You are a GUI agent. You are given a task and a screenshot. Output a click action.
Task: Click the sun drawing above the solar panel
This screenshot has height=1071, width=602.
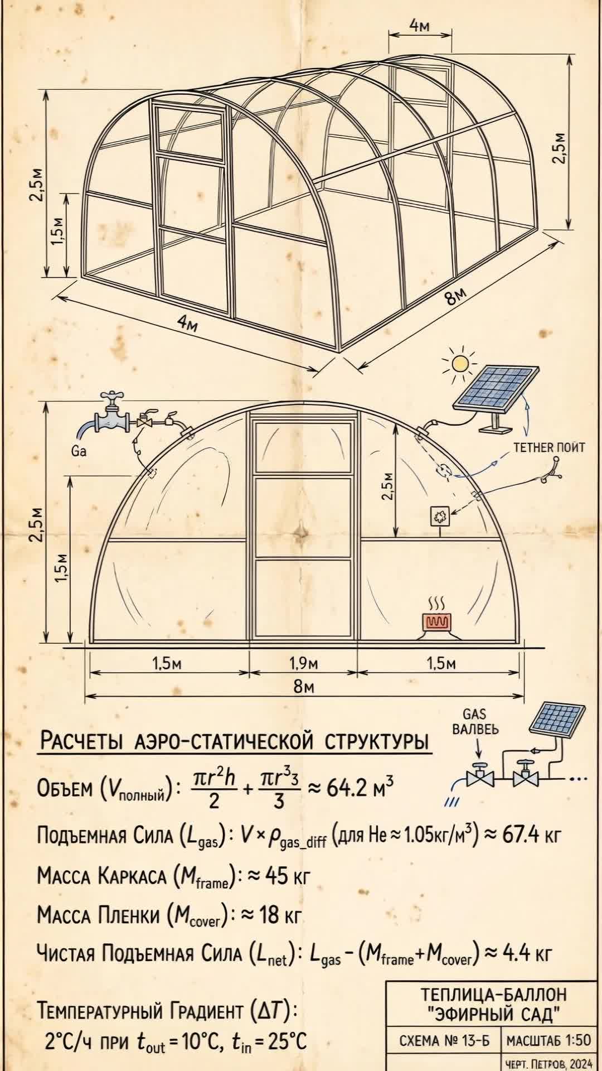(x=460, y=364)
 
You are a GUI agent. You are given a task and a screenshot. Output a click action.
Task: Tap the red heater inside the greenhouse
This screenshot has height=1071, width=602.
(x=436, y=622)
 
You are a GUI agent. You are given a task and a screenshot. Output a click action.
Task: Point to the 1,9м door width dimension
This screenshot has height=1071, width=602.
(x=303, y=663)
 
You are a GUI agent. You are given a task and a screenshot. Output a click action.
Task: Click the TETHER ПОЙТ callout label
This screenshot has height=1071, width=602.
(x=549, y=447)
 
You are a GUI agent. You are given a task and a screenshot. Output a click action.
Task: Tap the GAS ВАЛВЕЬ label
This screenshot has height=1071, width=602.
(x=475, y=721)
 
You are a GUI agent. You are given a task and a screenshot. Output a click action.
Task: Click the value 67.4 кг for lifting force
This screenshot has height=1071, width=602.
(x=522, y=836)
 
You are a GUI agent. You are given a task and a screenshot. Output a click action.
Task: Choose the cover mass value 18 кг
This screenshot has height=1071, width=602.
(x=281, y=915)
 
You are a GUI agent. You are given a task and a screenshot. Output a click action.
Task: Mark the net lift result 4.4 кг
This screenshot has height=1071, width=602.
(x=528, y=954)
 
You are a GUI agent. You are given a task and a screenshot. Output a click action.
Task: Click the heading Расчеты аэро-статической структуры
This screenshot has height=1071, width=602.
(x=235, y=742)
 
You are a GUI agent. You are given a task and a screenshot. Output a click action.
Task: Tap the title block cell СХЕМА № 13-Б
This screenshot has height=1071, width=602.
(x=444, y=1040)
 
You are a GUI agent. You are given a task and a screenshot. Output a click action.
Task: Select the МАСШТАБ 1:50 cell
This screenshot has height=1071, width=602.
(x=548, y=1040)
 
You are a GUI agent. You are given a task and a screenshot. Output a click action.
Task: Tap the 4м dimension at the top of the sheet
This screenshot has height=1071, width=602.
(x=420, y=25)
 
